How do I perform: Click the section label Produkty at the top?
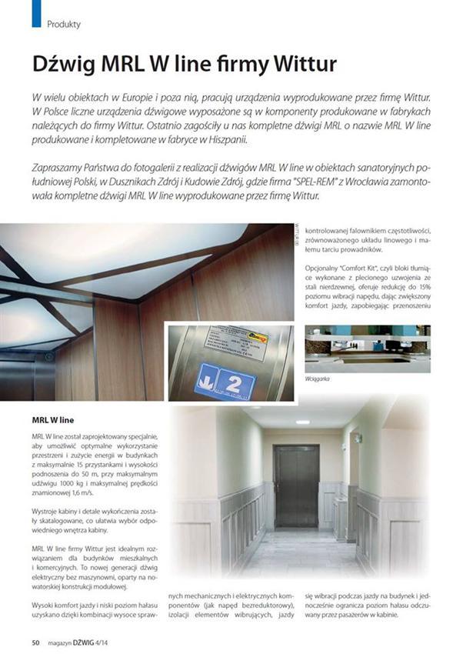(x=64, y=24)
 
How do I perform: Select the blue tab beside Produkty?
(x=35, y=14)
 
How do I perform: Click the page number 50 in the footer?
(x=35, y=642)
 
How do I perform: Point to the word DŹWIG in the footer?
(x=89, y=642)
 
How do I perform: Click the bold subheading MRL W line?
(x=52, y=420)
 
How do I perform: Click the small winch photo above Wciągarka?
(x=367, y=350)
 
